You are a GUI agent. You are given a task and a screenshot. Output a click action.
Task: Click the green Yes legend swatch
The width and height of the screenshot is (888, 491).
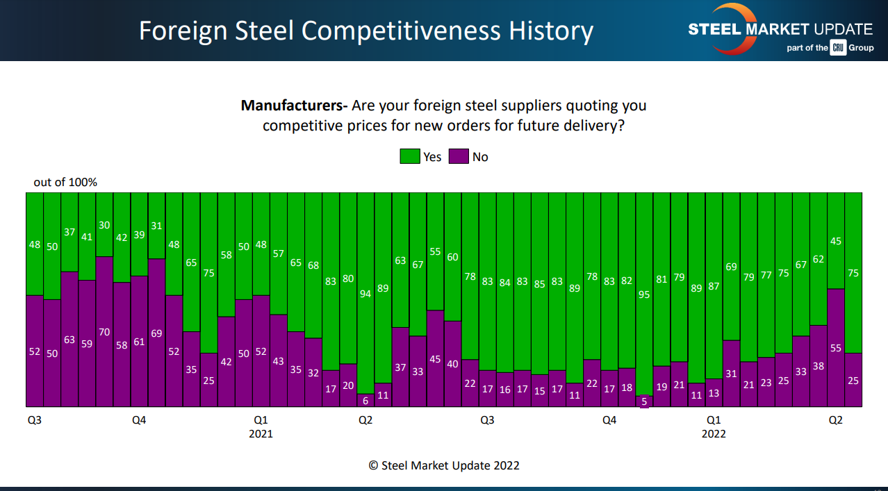click(x=409, y=156)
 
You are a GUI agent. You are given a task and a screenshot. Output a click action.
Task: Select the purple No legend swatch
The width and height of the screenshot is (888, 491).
click(x=459, y=156)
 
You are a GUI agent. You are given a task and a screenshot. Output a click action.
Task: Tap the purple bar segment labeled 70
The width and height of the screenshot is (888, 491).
click(x=104, y=331)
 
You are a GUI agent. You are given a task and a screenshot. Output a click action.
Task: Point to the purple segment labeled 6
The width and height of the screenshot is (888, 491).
click(x=365, y=400)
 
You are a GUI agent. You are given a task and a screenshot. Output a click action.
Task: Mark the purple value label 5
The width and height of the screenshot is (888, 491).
click(x=644, y=401)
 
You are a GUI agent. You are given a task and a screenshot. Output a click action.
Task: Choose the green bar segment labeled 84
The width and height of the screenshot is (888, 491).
click(x=505, y=282)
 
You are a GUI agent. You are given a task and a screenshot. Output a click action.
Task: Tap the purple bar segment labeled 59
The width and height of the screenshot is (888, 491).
click(x=87, y=343)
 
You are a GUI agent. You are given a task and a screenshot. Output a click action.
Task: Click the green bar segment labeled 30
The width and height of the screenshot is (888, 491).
click(x=104, y=224)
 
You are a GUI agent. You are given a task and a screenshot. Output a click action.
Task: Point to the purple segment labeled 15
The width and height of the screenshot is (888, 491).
click(x=540, y=390)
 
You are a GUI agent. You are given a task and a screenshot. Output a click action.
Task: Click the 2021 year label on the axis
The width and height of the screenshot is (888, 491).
click(x=261, y=434)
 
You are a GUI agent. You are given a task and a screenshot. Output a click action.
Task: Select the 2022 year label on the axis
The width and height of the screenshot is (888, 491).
click(x=714, y=434)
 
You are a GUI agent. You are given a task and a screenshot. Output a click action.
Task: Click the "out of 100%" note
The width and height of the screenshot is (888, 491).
click(x=65, y=183)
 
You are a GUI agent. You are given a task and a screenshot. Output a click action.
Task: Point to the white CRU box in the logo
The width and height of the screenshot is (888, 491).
click(x=838, y=48)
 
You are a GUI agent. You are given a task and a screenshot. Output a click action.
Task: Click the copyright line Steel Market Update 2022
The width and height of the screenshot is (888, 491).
click(x=444, y=465)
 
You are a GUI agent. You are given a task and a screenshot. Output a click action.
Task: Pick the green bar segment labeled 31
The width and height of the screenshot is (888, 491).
click(x=156, y=225)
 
